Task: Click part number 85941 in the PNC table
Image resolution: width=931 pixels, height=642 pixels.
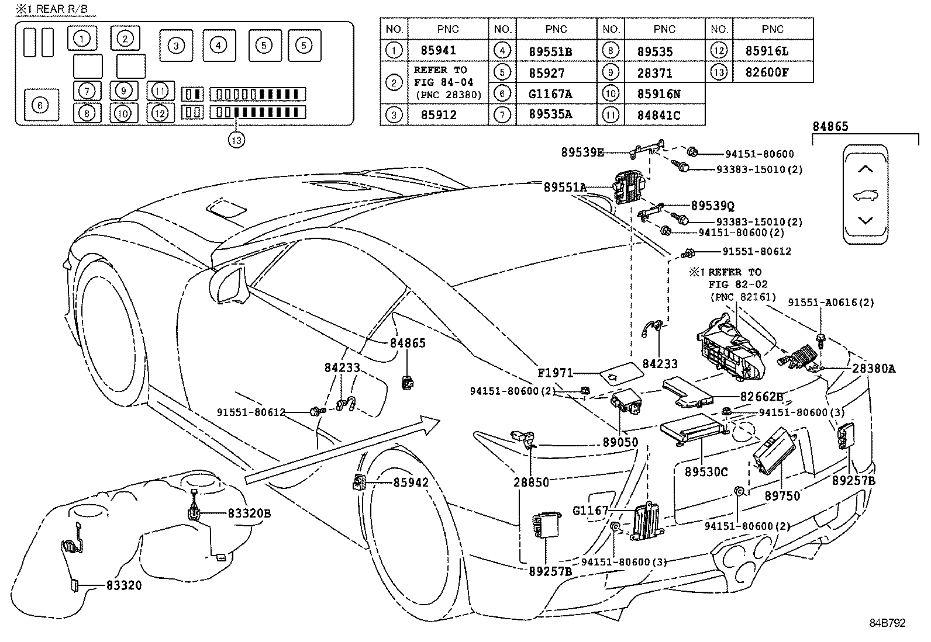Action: tap(438, 51)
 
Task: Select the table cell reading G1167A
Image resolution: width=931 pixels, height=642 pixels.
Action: tap(550, 94)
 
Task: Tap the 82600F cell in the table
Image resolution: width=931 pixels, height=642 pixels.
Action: tap(767, 72)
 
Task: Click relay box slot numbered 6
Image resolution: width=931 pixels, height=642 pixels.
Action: tap(40, 105)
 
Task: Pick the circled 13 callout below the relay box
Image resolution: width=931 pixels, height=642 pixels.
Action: tap(236, 140)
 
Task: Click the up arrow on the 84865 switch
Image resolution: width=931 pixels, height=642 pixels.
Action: tap(865, 169)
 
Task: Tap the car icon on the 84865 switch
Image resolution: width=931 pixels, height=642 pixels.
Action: tap(865, 195)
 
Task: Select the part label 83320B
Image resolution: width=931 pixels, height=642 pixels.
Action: tap(249, 513)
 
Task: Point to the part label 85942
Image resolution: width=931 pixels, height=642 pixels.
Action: tap(411, 483)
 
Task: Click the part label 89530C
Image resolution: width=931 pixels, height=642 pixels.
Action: tap(706, 471)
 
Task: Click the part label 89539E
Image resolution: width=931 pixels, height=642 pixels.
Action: tap(582, 152)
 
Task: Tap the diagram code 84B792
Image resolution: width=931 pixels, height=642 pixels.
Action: tap(887, 623)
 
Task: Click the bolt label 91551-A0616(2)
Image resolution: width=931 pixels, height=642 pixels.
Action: tap(830, 302)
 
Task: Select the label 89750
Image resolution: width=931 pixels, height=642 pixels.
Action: tap(782, 495)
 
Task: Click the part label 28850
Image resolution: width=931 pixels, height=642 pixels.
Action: tap(531, 482)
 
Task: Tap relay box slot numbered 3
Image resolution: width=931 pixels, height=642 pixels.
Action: tap(176, 46)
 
